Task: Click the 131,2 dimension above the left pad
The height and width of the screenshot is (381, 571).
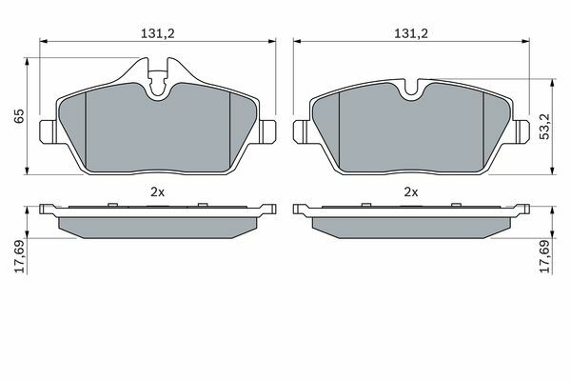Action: [x=158, y=33]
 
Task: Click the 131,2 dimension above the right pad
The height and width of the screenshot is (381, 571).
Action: [x=411, y=33]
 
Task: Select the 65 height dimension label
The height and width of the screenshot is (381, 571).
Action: [x=19, y=115]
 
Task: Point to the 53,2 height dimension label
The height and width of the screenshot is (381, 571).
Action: [x=545, y=126]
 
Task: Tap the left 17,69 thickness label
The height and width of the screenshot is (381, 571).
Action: [x=19, y=256]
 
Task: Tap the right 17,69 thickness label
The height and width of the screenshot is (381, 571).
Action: [x=545, y=256]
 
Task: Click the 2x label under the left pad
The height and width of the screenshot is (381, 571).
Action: [x=157, y=191]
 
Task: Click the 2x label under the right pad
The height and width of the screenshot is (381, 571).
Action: [x=411, y=191]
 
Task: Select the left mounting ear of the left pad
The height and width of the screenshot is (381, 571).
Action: [x=49, y=131]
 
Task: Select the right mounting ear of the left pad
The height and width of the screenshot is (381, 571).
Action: [x=267, y=131]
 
